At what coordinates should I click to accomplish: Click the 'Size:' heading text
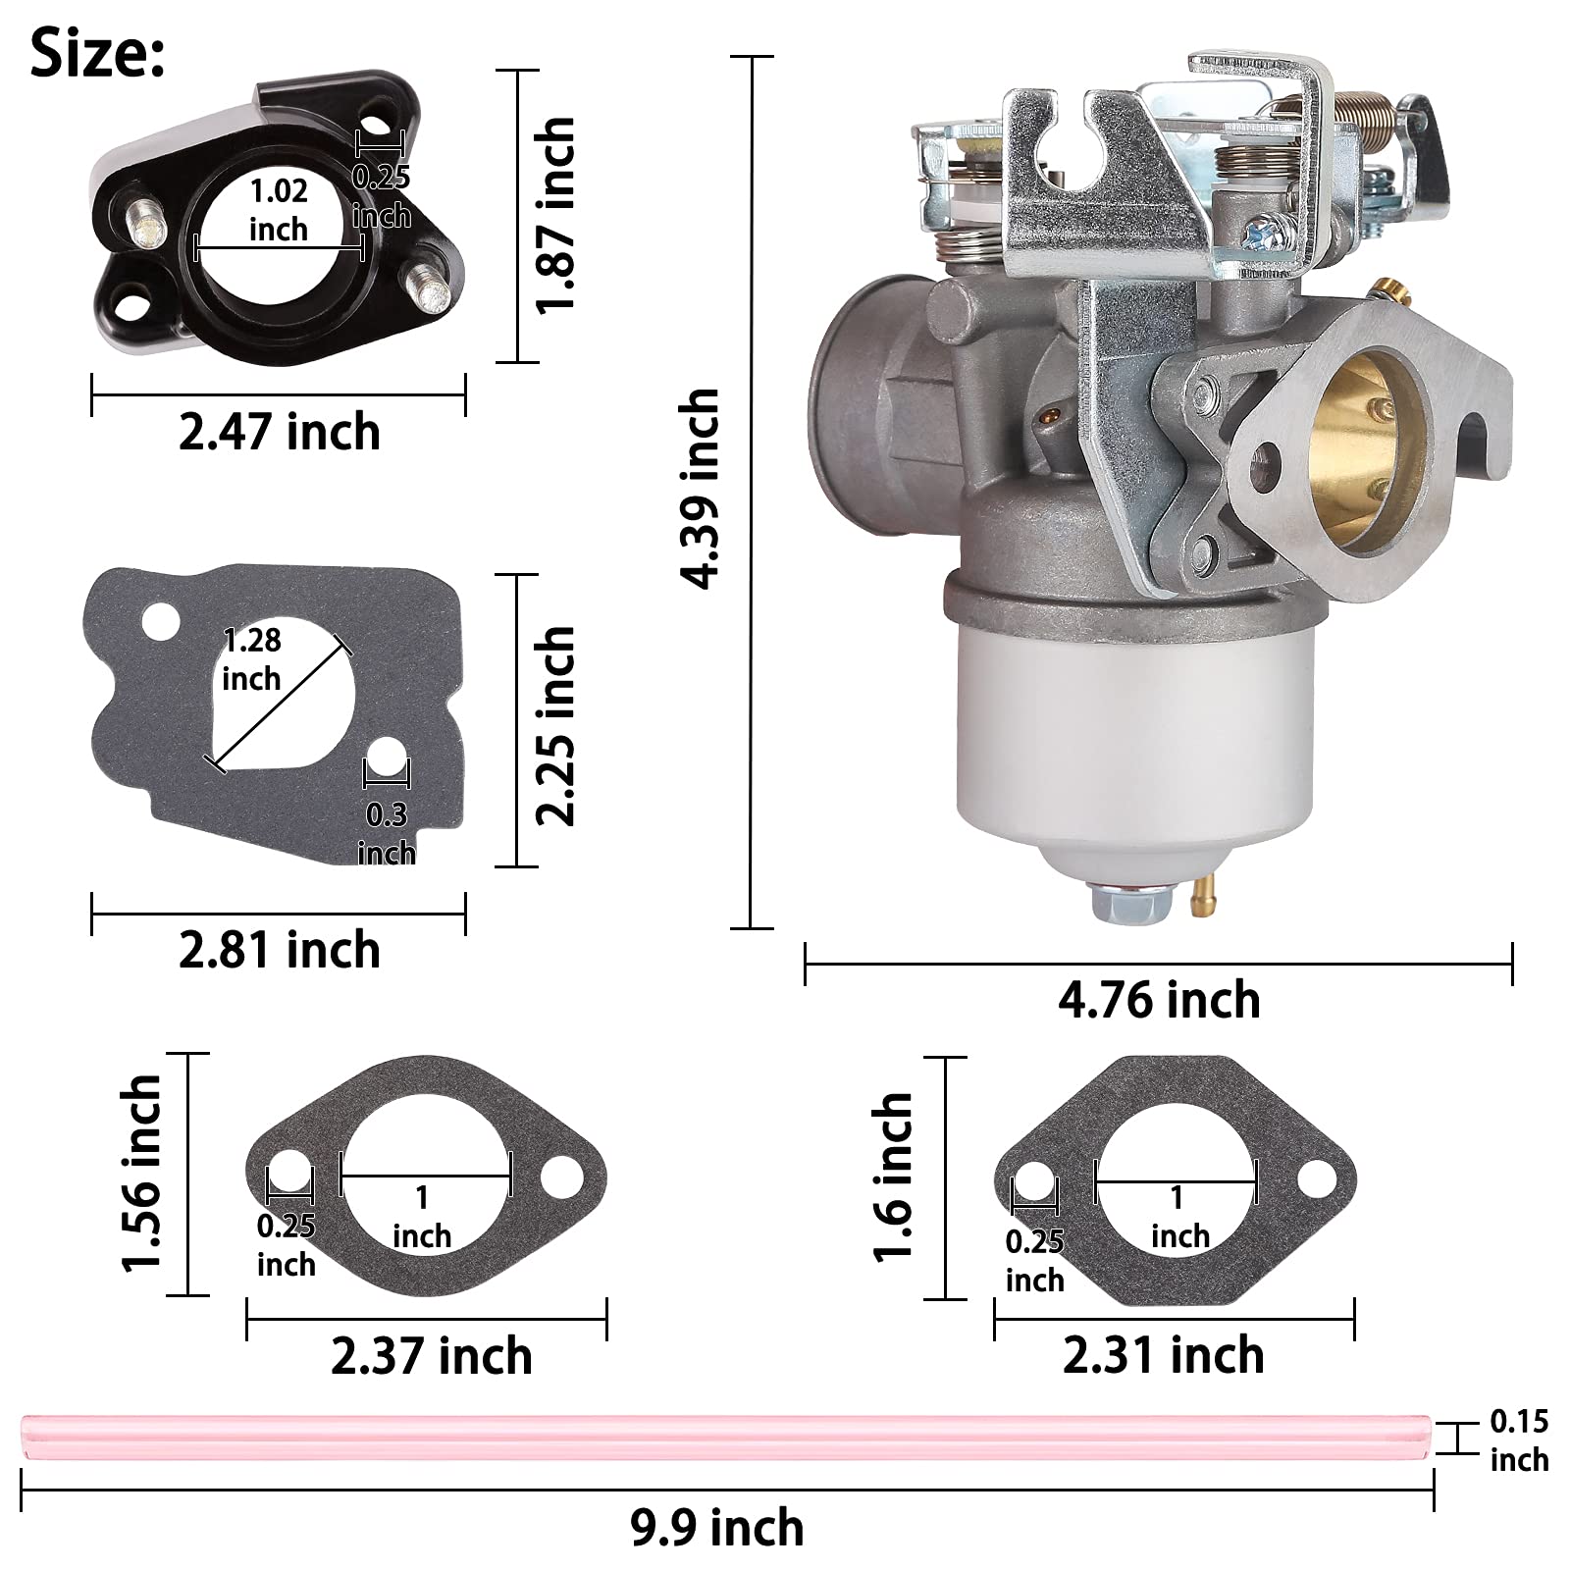(x=97, y=54)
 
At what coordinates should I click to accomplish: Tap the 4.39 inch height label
(x=701, y=489)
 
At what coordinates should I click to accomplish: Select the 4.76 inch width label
(x=1159, y=1000)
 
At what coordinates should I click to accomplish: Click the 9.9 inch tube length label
(x=716, y=1528)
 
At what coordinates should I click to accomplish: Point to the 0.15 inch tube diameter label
(x=1518, y=1440)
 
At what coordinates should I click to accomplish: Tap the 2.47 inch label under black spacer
(x=279, y=432)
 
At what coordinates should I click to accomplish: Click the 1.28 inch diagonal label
(x=251, y=658)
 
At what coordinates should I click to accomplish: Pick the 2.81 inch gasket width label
(x=279, y=950)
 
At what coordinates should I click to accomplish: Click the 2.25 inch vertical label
(x=555, y=725)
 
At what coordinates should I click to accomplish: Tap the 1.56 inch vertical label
(x=140, y=1174)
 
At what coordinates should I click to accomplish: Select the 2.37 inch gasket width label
(x=431, y=1356)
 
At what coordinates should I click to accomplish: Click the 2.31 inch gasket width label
(x=1163, y=1355)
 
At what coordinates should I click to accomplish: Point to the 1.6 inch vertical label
(x=893, y=1177)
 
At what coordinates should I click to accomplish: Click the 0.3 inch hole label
(x=387, y=833)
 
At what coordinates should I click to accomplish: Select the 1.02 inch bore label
(x=279, y=209)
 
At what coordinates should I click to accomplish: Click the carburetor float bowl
(x=1133, y=736)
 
